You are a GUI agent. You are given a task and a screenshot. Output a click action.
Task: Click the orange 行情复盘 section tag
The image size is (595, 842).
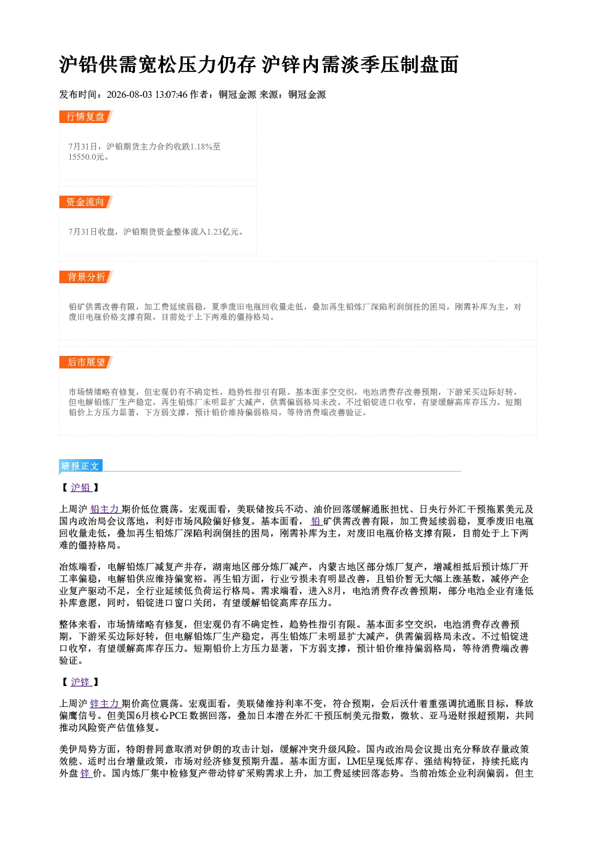pyautogui.click(x=86, y=116)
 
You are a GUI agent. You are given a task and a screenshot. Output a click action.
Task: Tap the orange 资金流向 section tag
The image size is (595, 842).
pyautogui.click(x=86, y=202)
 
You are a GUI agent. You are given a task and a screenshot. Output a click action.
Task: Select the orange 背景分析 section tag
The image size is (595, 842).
pyautogui.click(x=86, y=277)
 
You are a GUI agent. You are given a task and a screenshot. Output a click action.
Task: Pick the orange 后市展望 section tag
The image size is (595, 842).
pyautogui.click(x=86, y=362)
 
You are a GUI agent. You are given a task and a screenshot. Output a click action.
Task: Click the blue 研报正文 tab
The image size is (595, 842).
pyautogui.click(x=80, y=466)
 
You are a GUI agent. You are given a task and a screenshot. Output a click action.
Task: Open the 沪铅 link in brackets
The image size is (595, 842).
pyautogui.click(x=81, y=488)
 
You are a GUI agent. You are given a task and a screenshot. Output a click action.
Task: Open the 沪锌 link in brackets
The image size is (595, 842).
pyautogui.click(x=81, y=682)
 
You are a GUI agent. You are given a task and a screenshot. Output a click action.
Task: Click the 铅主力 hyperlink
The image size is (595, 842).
pyautogui.click(x=105, y=510)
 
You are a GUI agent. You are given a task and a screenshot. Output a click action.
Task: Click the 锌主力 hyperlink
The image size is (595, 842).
pyautogui.click(x=105, y=704)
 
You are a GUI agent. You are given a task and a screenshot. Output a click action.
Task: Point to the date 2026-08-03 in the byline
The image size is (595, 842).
pyautogui.click(x=129, y=95)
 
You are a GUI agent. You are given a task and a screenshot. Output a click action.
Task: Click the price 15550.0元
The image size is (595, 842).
pyautogui.click(x=86, y=157)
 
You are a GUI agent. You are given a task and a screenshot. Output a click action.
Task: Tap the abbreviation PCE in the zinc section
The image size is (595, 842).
pyautogui.click(x=178, y=716)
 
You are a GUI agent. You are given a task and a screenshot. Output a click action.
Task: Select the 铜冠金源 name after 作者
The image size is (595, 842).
pyautogui.click(x=238, y=95)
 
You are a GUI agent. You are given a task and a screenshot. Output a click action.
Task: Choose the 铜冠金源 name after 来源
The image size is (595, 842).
pyautogui.click(x=307, y=95)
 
